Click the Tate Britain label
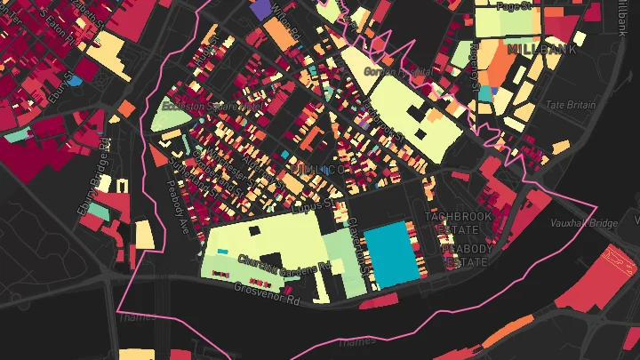tap(570, 105)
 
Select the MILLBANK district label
tap(536, 50)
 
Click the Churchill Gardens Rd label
tap(284, 264)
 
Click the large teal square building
tap(391, 253)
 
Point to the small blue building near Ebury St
tap(76, 82)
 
